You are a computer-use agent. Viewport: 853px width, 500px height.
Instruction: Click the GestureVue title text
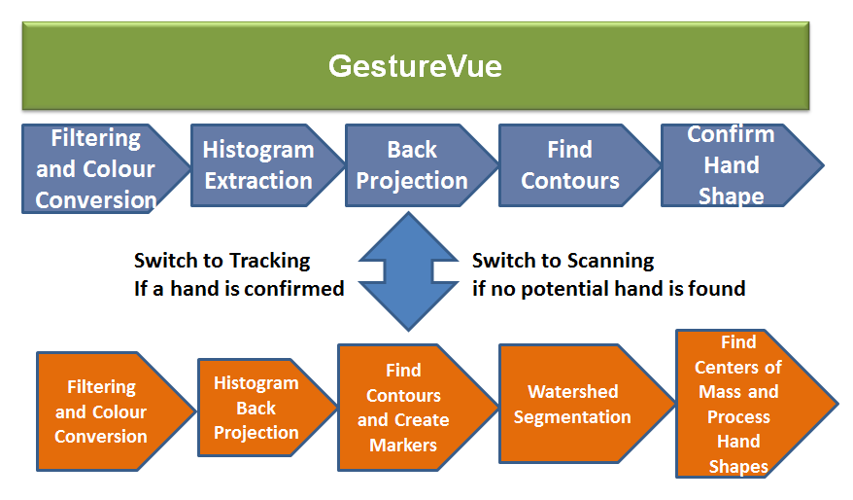tap(415, 66)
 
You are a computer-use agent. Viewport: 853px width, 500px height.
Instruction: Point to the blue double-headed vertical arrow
tap(409, 271)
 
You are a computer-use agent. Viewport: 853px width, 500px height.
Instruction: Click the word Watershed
tap(573, 392)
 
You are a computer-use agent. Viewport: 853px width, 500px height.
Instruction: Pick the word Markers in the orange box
tap(403, 445)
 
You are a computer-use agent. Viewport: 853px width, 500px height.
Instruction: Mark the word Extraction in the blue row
tap(258, 181)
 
